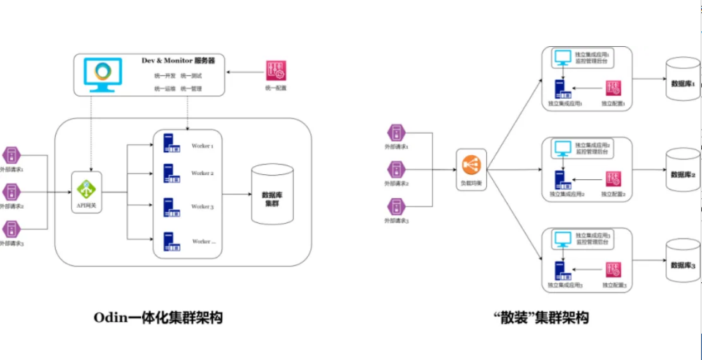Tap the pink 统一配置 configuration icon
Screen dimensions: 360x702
click(x=276, y=71)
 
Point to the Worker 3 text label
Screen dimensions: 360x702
click(x=203, y=207)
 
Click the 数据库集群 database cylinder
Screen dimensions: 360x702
click(x=272, y=195)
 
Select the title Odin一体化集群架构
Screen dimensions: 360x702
click(x=158, y=318)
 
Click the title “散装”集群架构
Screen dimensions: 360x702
click(x=541, y=318)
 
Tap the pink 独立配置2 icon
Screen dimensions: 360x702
click(x=614, y=179)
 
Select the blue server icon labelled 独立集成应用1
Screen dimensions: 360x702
click(x=562, y=89)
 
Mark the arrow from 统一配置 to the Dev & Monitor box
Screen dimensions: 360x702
click(x=244, y=72)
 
